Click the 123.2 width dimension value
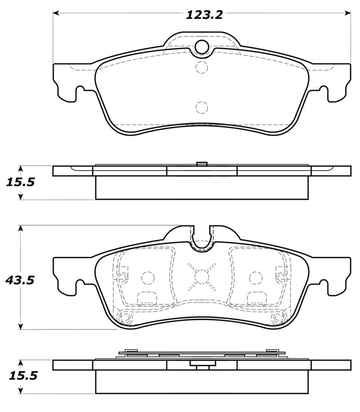tap(204, 15)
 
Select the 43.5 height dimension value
tap(20, 280)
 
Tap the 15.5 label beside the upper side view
tap(20, 182)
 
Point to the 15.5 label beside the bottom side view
tap(23, 376)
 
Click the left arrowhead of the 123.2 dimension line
tap(55, 13)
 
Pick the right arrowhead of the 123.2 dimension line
tap(348, 13)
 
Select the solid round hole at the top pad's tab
tap(202, 47)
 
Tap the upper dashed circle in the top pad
tap(202, 67)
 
